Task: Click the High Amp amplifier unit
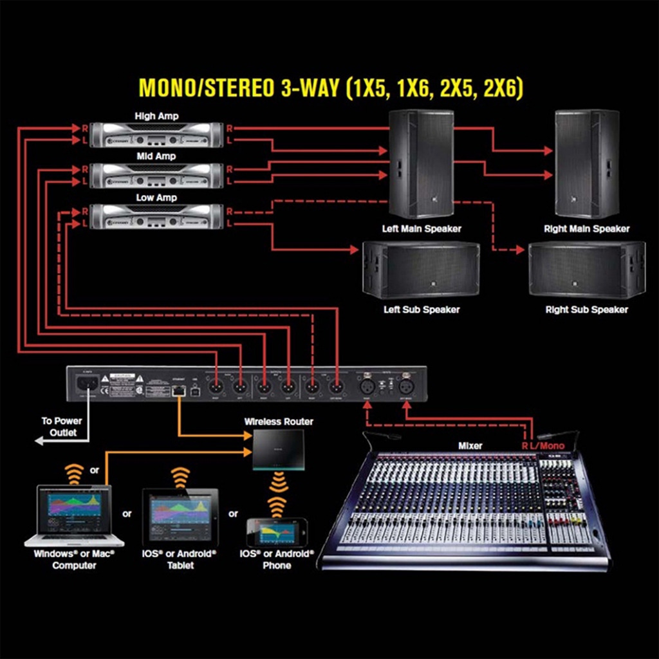coord(156,134)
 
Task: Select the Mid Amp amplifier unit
coord(156,174)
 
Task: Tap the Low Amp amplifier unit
coord(156,216)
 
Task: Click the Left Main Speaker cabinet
coord(422,163)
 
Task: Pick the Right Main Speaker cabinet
coord(587,163)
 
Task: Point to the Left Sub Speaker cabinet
coord(421,270)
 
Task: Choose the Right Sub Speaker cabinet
coord(587,270)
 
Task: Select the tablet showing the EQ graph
coord(180,514)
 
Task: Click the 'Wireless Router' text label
coord(279,422)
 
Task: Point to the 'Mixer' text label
coord(470,445)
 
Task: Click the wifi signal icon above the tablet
coord(180,478)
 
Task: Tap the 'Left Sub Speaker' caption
coord(422,310)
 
